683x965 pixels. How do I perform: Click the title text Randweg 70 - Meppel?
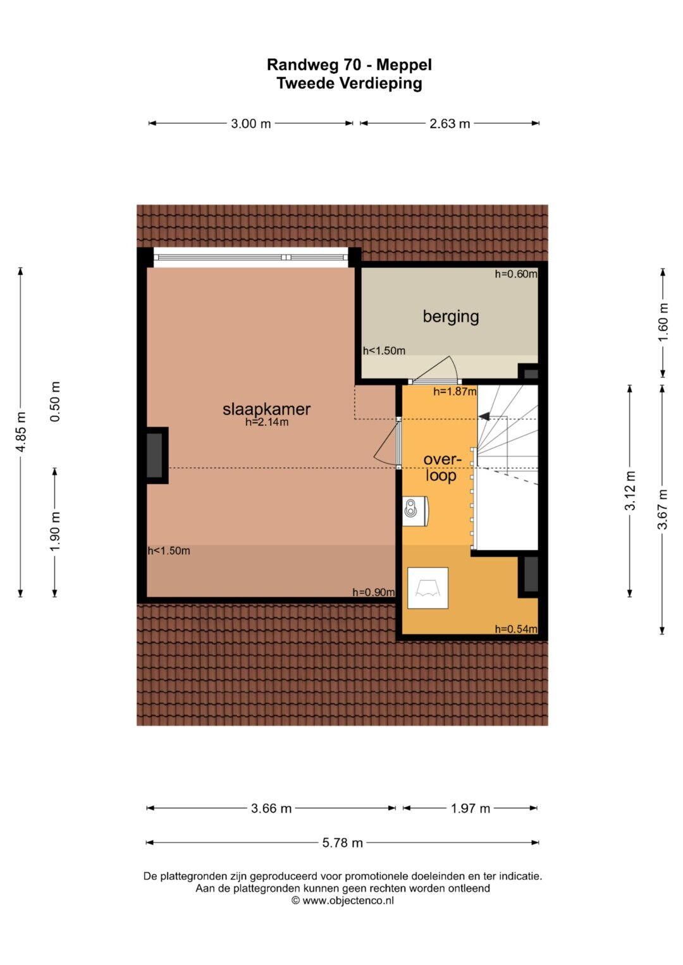click(x=349, y=65)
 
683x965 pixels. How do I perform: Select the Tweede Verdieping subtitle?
click(x=349, y=83)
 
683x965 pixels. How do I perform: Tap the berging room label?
click(x=450, y=317)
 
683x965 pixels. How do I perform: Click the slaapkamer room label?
click(x=266, y=410)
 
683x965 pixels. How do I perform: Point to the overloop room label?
click(x=442, y=468)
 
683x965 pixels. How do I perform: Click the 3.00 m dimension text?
click(x=251, y=124)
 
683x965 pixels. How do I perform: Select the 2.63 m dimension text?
click(x=450, y=124)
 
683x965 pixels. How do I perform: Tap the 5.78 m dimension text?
click(x=343, y=843)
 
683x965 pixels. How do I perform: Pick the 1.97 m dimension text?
click(x=471, y=809)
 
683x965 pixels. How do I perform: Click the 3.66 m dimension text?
click(x=271, y=809)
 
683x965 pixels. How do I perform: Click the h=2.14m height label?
click(x=267, y=422)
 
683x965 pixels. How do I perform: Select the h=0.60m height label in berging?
click(x=516, y=274)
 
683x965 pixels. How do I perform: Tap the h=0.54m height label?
click(x=516, y=629)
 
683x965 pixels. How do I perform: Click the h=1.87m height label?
click(x=455, y=392)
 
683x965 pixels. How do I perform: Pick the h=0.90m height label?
click(x=373, y=592)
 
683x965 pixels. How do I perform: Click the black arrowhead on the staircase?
click(x=484, y=416)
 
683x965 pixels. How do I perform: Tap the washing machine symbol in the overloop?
click(x=415, y=511)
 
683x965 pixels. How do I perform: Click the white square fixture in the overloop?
click(x=428, y=588)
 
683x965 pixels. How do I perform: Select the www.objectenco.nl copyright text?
click(x=343, y=901)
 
